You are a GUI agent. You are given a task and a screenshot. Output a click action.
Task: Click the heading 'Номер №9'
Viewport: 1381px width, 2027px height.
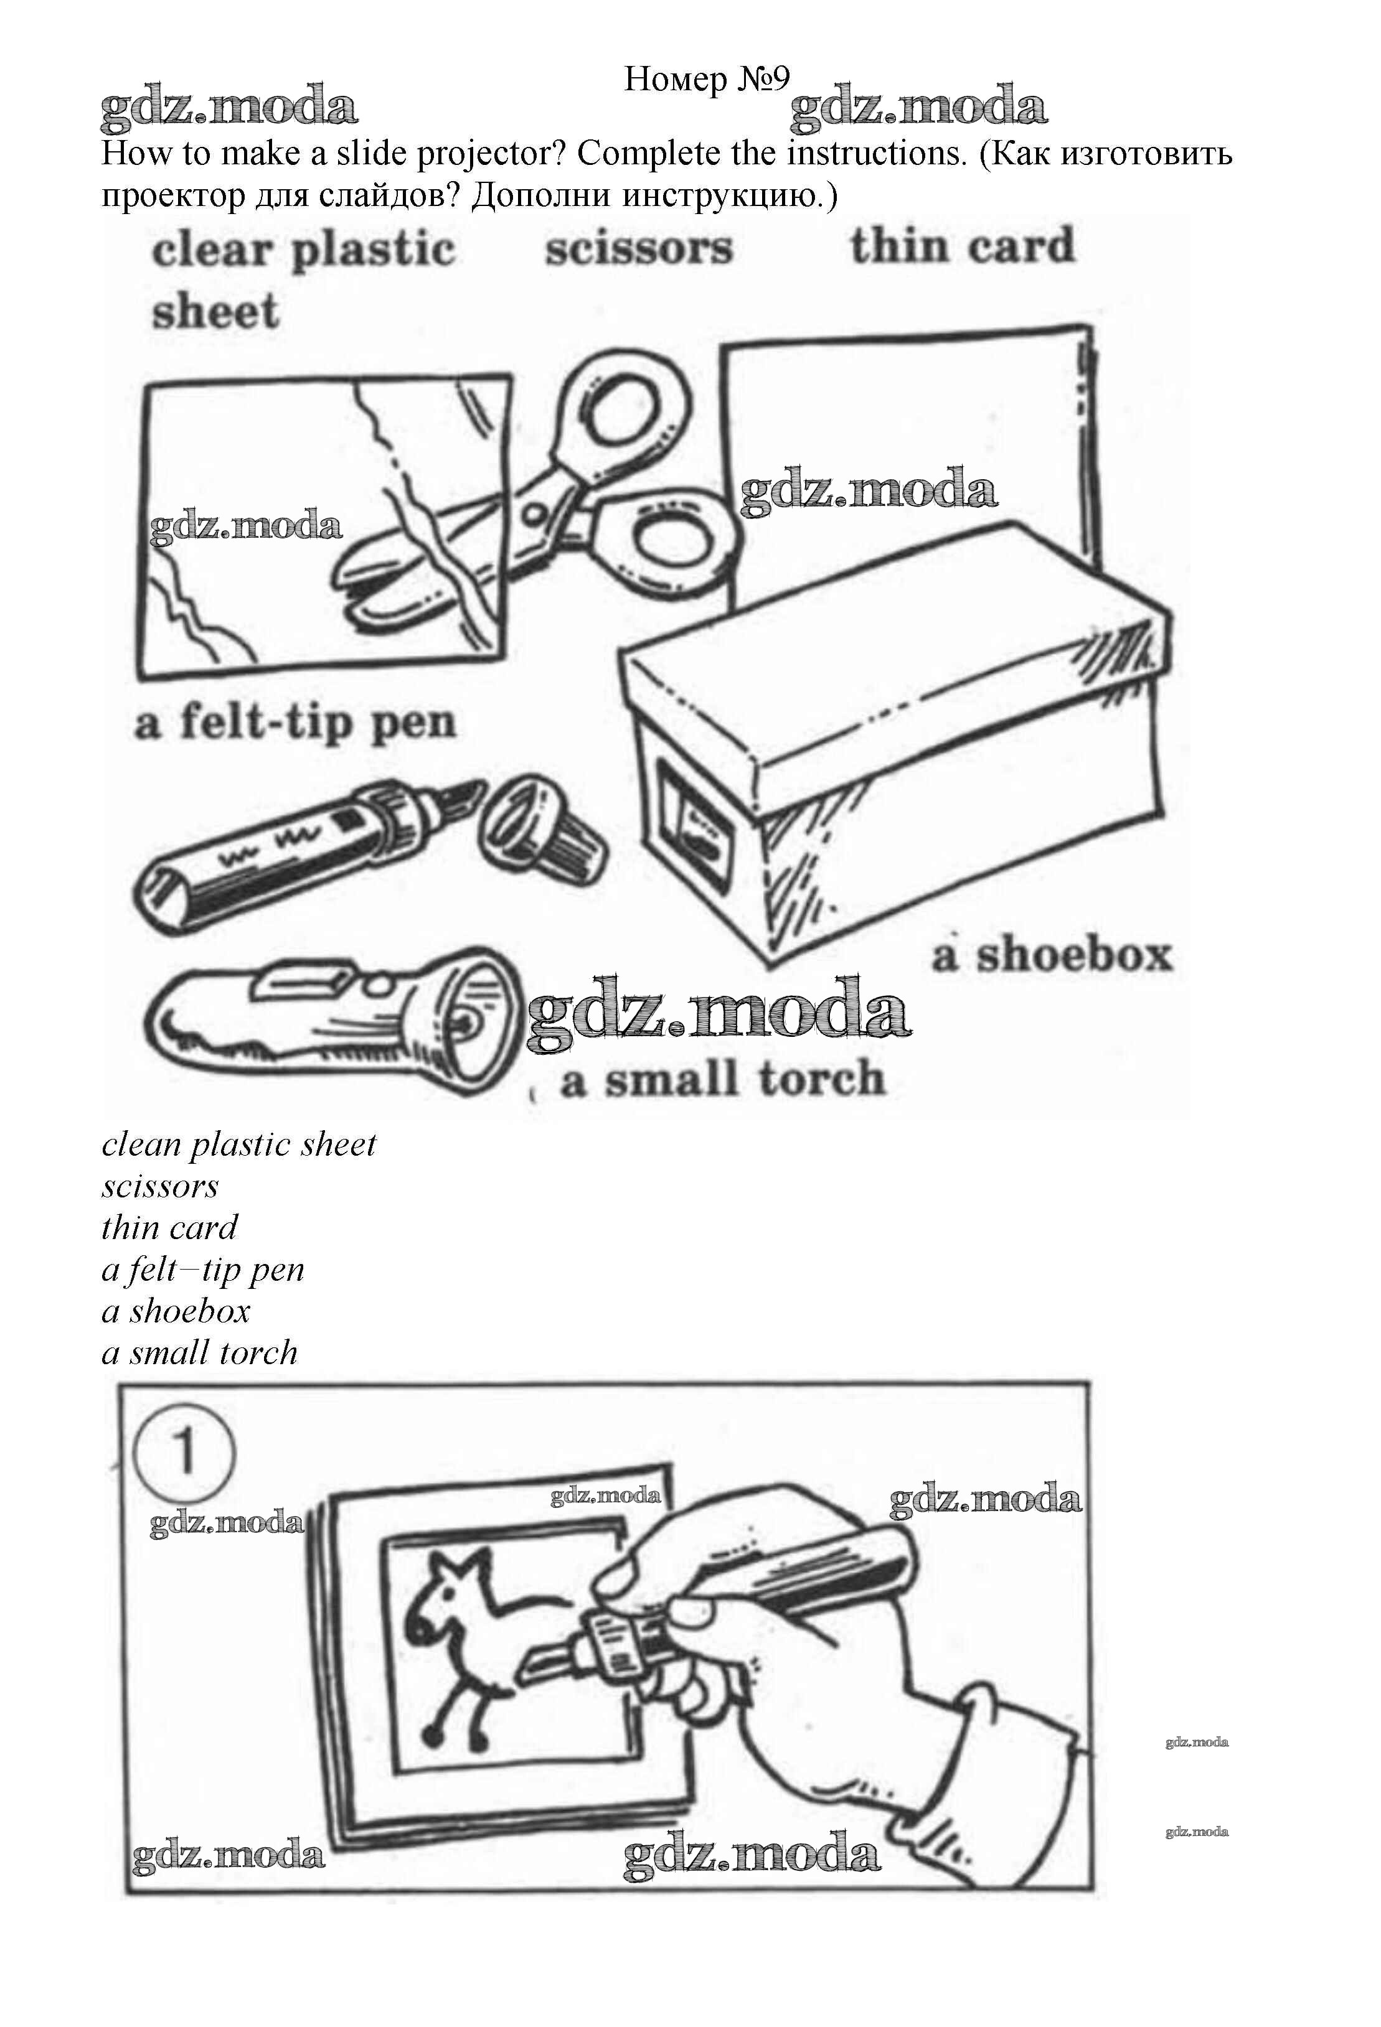(707, 80)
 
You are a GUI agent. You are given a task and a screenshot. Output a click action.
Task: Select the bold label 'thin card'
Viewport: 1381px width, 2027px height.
(962, 246)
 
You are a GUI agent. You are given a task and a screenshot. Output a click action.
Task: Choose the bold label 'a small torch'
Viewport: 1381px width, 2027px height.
(722, 1079)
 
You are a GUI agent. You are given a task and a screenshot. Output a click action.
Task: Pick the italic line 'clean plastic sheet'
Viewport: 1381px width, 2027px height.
(238, 1145)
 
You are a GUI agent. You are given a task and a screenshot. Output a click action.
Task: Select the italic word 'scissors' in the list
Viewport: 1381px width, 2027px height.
(159, 1186)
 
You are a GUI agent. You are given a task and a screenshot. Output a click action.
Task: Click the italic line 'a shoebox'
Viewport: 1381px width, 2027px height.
(176, 1311)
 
